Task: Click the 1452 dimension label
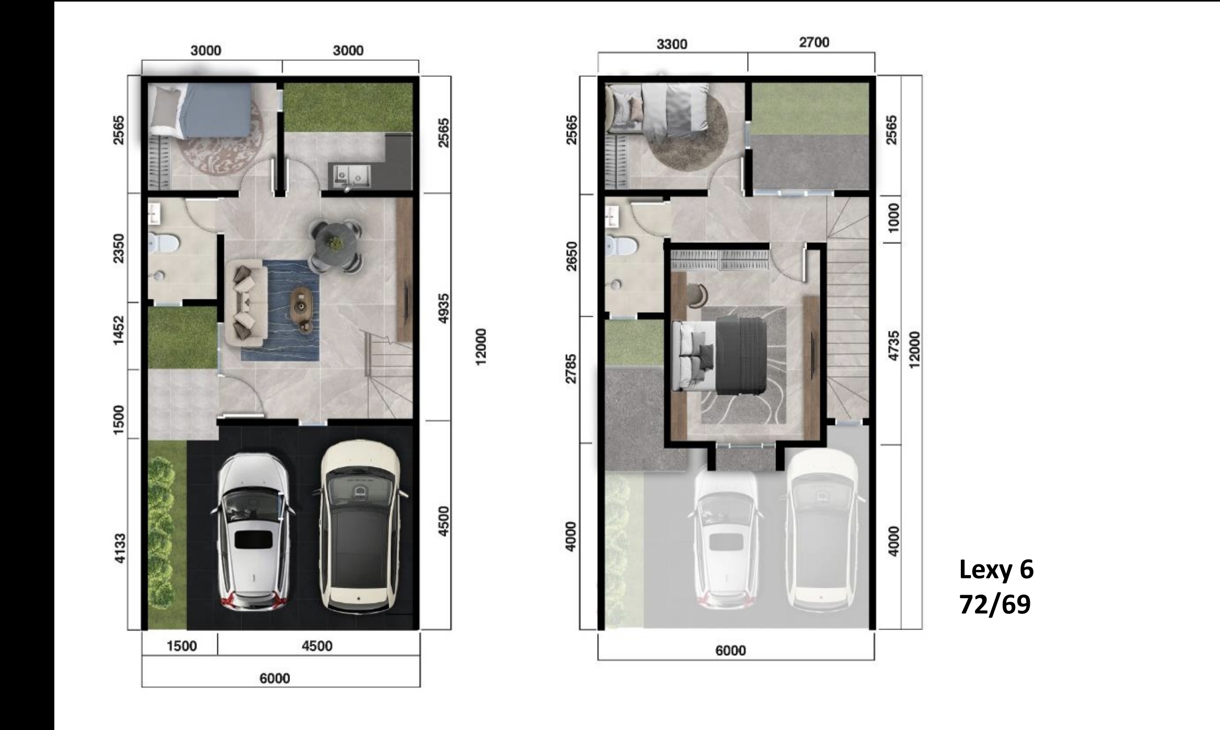pos(119,330)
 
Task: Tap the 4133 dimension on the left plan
pos(120,549)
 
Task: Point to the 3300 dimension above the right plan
pos(672,44)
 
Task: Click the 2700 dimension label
pos(814,42)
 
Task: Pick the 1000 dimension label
pos(894,218)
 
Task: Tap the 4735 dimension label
pos(894,346)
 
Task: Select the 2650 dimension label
pos(572,256)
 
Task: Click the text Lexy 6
pos(996,569)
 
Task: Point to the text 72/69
pos(995,604)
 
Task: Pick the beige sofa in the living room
pos(246,303)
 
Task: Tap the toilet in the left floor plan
pos(164,242)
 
